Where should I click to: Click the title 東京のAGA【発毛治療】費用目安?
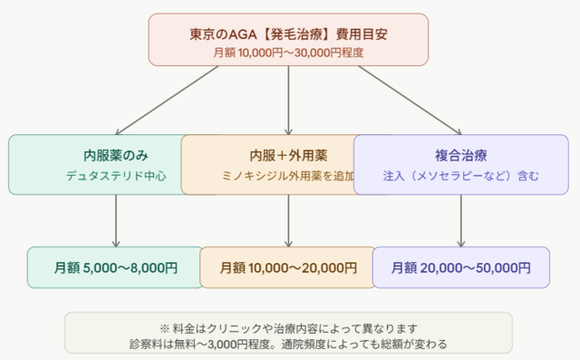pyautogui.click(x=288, y=34)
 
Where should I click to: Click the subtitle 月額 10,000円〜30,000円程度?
pyautogui.click(x=288, y=53)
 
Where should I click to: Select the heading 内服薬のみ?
pyautogui.click(x=116, y=155)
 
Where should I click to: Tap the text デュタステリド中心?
pyautogui.click(x=116, y=175)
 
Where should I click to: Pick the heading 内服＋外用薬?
pyautogui.click(x=287, y=155)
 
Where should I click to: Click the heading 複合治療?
pyautogui.click(x=460, y=155)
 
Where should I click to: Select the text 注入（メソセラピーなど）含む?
pyautogui.click(x=460, y=175)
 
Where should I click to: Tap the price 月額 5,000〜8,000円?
pyautogui.click(x=116, y=268)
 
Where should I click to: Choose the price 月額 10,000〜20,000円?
pyautogui.click(x=289, y=268)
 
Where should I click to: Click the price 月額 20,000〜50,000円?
pyautogui.click(x=460, y=268)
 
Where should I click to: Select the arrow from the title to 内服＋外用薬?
pyautogui.click(x=288, y=100)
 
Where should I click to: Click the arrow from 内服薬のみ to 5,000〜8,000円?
pyautogui.click(x=116, y=220)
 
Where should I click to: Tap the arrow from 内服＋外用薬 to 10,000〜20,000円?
pyautogui.click(x=288, y=220)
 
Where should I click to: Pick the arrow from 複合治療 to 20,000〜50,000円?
pyautogui.click(x=460, y=220)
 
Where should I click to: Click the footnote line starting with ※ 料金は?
pyautogui.click(x=287, y=326)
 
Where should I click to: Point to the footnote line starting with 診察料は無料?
pyautogui.click(x=287, y=344)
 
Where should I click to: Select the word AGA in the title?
pyautogui.click(x=227, y=34)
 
